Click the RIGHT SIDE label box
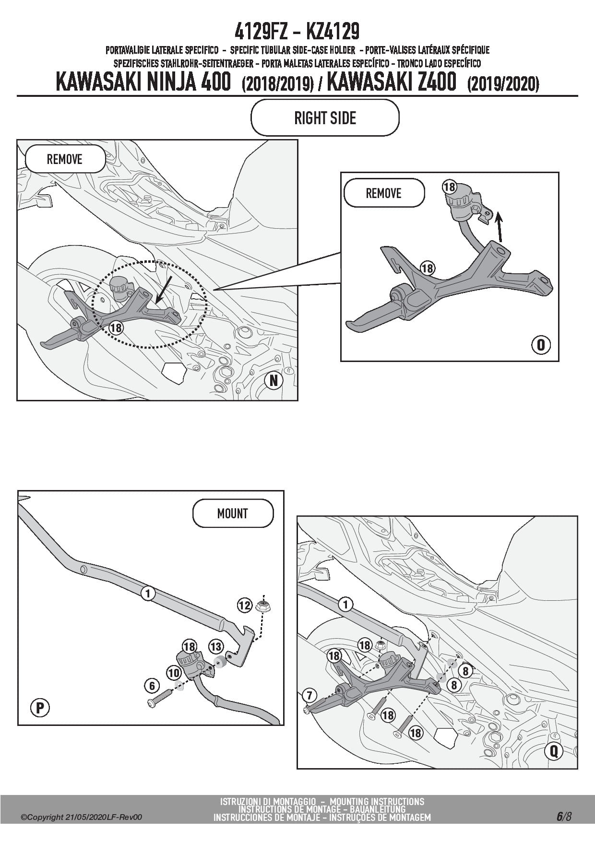coord(325,118)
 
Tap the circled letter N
coord(274,380)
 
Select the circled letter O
coord(541,345)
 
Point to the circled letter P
coord(40,708)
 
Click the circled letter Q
coord(554,750)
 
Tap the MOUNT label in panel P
coord(233,514)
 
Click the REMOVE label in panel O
coord(384,193)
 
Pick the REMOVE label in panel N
coord(65,159)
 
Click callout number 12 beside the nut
coord(245,605)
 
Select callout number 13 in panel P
coord(216,647)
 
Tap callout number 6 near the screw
coord(152,686)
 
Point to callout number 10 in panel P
coord(174,674)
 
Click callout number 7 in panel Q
coord(309,695)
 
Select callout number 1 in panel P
coord(148,594)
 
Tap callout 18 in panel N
coord(116,327)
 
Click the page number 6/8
coord(564,817)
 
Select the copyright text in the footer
coord(82,818)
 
